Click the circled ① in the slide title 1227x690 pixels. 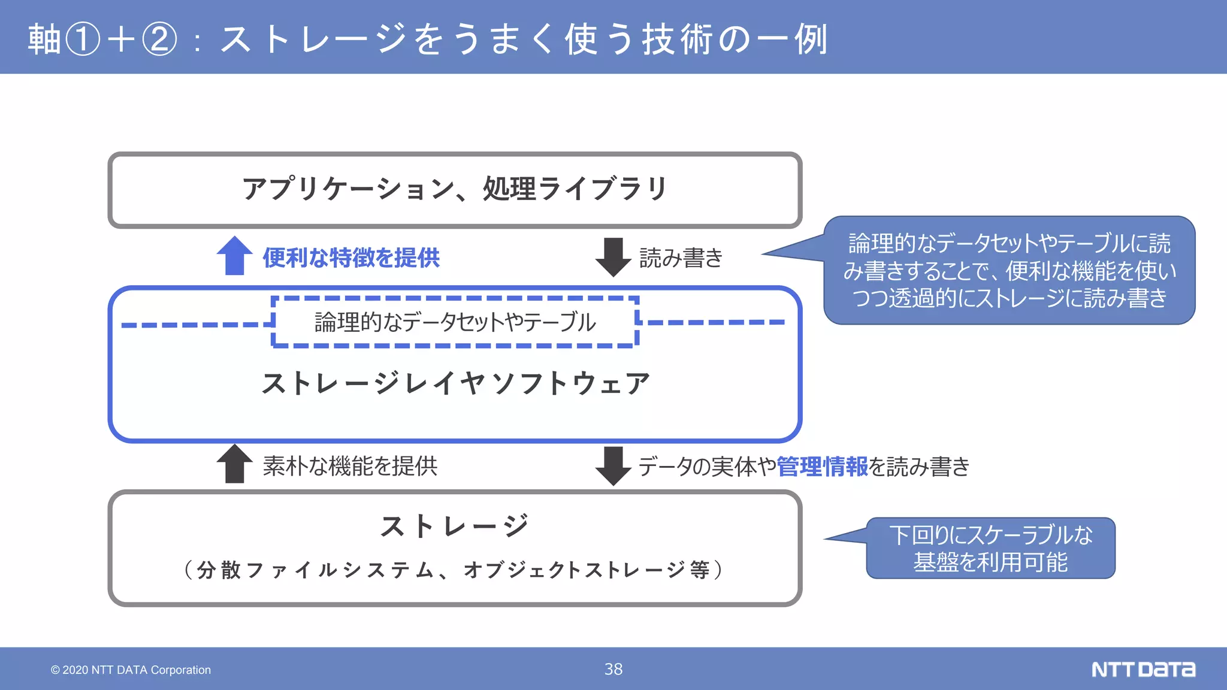coord(82,39)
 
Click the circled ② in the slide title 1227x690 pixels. coord(159,39)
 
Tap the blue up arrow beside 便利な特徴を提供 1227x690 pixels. coord(234,256)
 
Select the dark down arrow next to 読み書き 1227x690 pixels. coord(613,257)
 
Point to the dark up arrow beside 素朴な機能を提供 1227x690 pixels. coord(234,464)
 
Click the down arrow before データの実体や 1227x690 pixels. coord(613,465)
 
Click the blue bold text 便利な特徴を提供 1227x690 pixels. coord(351,258)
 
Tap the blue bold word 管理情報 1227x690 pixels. coord(822,467)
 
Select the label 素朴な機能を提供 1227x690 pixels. coord(350,466)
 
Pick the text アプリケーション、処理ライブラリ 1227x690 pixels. coord(455,189)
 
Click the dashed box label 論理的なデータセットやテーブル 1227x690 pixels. coord(455,322)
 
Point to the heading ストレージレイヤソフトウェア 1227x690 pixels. coord(455,383)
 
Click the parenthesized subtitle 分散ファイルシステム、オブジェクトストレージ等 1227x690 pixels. coord(454,570)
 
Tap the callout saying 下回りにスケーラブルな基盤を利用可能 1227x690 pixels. coord(990,548)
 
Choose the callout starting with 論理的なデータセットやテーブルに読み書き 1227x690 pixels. coord(1009,271)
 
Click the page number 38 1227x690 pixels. coord(613,669)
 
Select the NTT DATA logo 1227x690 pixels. coord(1143,669)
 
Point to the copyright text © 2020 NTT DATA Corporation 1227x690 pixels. coord(131,670)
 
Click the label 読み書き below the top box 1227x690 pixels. coord(681,258)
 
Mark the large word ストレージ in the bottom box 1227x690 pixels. coord(455,526)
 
